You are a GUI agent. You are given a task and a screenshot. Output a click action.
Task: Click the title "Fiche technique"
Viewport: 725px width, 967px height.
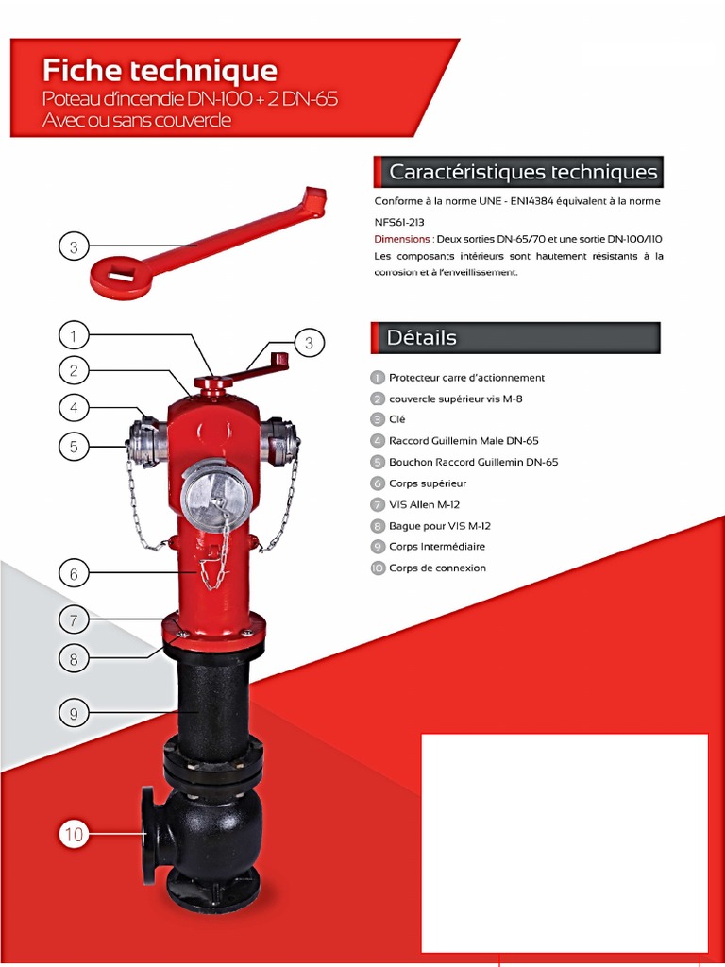coord(160,71)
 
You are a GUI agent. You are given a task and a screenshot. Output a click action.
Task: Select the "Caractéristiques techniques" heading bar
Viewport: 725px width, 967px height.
coord(522,172)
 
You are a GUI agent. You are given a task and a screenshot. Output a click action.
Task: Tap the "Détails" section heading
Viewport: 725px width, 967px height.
coord(422,337)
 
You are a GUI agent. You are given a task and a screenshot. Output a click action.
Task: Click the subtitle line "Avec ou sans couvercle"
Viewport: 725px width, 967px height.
coord(136,120)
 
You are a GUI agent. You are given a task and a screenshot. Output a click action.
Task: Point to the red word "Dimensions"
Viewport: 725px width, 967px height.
coord(402,239)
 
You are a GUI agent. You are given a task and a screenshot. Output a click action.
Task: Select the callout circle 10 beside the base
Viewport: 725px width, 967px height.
coord(74,834)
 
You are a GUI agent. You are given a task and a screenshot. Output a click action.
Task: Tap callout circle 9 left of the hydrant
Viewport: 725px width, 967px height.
coord(74,714)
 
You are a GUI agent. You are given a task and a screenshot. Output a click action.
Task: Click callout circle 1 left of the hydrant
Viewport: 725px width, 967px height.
coord(74,334)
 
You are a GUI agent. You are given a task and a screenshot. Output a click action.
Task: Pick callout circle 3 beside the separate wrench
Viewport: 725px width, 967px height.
coord(74,247)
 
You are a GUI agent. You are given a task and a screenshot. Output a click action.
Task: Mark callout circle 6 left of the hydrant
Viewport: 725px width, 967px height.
coord(74,572)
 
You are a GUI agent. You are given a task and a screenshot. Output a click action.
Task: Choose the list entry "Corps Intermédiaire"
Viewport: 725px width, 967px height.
coord(437,547)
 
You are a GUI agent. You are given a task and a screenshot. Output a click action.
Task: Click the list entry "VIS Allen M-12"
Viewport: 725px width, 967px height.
coord(424,504)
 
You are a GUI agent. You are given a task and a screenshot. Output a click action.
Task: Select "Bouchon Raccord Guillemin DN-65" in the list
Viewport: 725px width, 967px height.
coord(473,462)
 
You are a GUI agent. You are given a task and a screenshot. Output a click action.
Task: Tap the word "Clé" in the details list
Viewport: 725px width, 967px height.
coord(396,419)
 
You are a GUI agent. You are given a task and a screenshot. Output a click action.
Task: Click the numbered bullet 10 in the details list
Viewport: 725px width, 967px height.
coord(378,568)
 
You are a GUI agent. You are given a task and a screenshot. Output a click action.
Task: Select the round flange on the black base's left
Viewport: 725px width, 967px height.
coord(149,835)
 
